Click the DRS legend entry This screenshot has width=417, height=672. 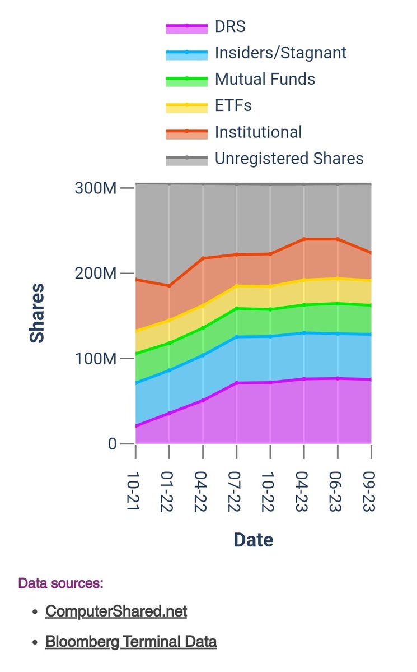(x=230, y=26)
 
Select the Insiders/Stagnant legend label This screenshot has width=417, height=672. (x=280, y=53)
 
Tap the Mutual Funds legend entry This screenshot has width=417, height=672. (x=265, y=79)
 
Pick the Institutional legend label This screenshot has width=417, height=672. (x=258, y=132)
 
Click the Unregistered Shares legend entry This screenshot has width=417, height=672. (x=289, y=158)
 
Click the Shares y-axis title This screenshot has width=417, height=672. (x=38, y=314)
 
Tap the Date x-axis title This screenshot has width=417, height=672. (x=253, y=540)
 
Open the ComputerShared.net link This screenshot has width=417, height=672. (x=116, y=611)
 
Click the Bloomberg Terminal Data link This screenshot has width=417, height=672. (x=131, y=642)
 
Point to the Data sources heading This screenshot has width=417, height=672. (x=60, y=583)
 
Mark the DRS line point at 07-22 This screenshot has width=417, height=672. (x=237, y=383)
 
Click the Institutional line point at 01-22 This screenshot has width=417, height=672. (x=169, y=286)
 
